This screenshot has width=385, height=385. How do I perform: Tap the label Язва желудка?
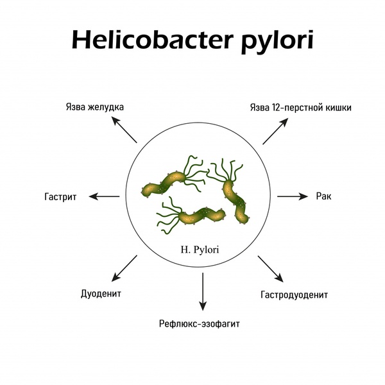pos(96,107)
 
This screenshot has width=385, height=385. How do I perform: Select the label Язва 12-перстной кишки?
pos(300,107)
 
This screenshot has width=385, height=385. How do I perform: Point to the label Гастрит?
pos(62,197)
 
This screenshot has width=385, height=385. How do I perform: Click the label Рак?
pos(323,196)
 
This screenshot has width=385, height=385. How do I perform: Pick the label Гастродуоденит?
pos(295,295)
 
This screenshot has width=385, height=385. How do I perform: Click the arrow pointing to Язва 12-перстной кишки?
pos(274,133)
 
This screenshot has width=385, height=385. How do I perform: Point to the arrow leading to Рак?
pos(293,196)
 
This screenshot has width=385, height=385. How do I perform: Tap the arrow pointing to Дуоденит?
pos(124,268)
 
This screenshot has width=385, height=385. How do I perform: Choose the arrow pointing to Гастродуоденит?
pos(270,269)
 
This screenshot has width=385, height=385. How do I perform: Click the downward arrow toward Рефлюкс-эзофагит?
pos(202,291)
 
